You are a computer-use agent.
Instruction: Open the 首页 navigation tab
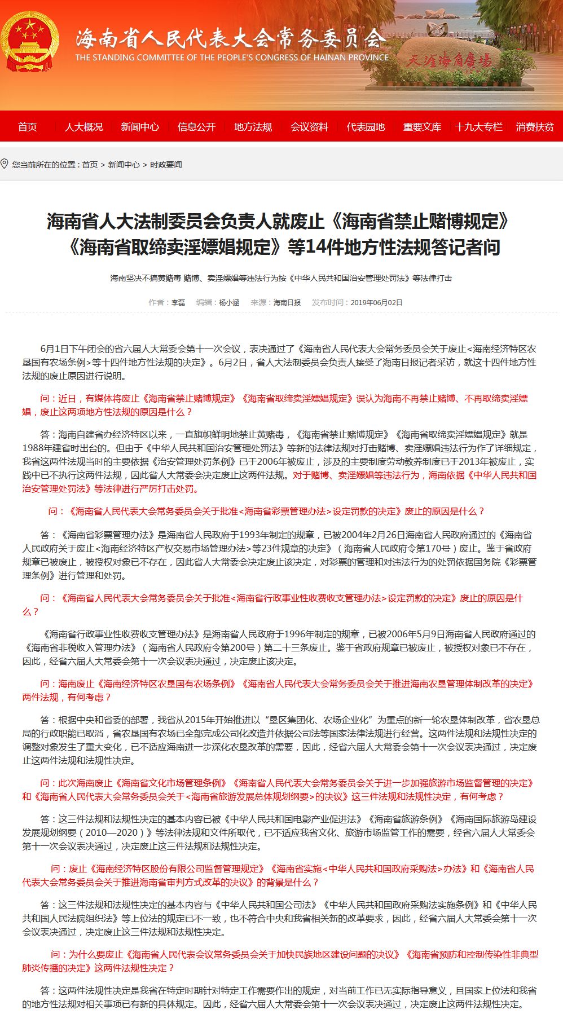[28, 127]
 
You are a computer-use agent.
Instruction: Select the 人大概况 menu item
[84, 127]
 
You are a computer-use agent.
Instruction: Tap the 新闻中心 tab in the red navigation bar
[140, 127]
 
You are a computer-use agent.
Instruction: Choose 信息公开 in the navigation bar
[196, 127]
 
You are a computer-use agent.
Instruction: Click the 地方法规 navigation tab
[253, 127]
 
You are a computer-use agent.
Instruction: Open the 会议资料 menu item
[309, 127]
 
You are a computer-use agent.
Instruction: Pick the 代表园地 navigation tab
[366, 127]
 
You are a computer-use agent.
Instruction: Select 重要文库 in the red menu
[422, 127]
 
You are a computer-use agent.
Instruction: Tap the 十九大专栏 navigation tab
[478, 127]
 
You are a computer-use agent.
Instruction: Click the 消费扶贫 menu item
[534, 127]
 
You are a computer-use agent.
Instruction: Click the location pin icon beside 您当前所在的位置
[5, 164]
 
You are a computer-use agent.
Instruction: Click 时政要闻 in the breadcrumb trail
[166, 165]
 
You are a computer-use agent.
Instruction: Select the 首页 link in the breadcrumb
[90, 165]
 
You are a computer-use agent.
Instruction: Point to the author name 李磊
[178, 303]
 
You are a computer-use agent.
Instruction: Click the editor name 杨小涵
[229, 303]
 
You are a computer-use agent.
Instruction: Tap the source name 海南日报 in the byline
[287, 303]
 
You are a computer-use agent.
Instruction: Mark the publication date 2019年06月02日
[376, 303]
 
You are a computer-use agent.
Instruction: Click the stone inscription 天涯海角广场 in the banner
[449, 60]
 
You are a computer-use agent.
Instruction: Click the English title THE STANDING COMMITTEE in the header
[232, 58]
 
